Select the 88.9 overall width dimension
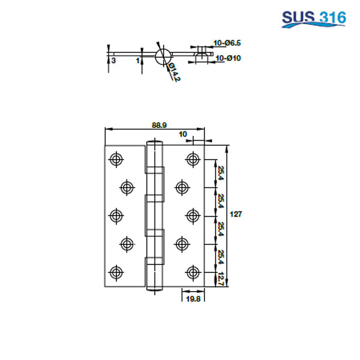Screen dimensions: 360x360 coord(159,125)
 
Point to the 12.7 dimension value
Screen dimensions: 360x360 coord(221,280)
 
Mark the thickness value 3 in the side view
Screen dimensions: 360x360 coord(113,61)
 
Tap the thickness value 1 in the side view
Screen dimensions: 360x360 coord(137,61)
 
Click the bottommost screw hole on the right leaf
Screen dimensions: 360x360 coord(193,272)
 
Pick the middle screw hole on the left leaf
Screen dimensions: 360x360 coord(115,215)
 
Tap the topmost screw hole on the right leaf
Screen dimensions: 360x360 coord(193,159)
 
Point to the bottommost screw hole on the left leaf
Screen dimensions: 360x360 coord(115,272)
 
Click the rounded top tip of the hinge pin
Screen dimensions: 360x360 coord(154,143)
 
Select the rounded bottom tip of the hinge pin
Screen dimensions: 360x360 coord(154,287)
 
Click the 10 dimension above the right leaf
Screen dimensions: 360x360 coord(182,134)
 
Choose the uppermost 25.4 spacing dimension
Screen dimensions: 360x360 coord(221,173)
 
